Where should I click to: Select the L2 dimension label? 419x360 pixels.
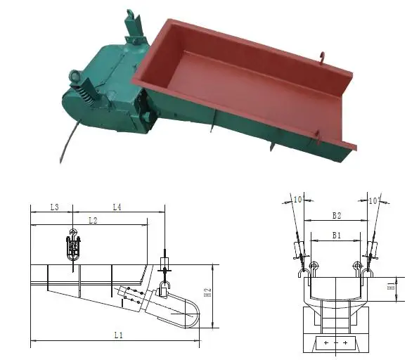coord(91,220)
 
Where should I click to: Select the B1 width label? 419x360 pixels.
coord(336,236)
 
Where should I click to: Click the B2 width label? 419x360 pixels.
coord(336,214)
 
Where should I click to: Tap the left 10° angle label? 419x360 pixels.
coord(298,200)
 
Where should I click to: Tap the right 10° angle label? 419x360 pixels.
coord(373,200)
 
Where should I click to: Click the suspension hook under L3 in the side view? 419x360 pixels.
coord(73,247)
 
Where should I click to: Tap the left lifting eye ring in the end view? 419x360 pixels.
coord(313,266)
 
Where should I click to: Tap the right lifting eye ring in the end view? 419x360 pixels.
coord(358,266)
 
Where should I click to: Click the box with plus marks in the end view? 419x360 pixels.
coord(336,343)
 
